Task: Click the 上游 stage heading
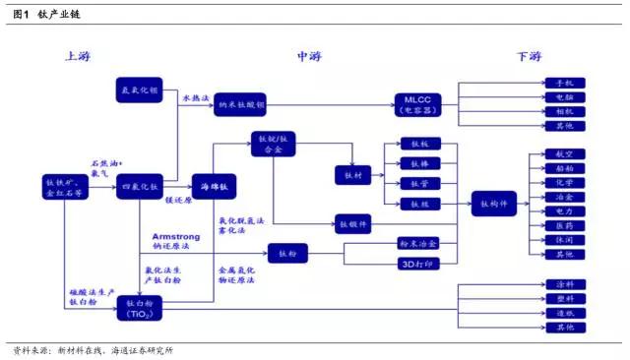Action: [79, 56]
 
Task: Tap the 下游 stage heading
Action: [529, 56]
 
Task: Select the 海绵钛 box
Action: [215, 186]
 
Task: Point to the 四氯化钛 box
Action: [139, 186]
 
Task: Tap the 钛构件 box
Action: [492, 204]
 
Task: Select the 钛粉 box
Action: [294, 254]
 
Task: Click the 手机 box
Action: [564, 83]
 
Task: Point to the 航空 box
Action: [564, 154]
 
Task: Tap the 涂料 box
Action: [564, 285]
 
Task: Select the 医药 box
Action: [564, 225]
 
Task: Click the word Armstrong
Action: [177, 237]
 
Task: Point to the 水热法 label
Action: [194, 98]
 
